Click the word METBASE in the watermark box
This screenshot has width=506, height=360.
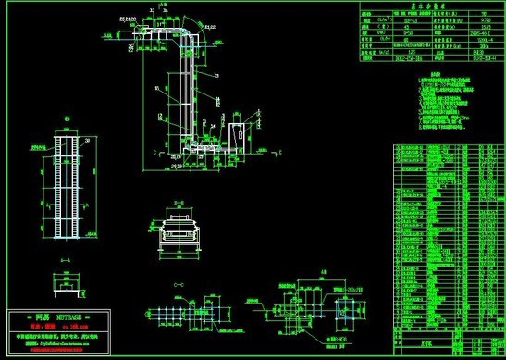pyautogui.click(x=69, y=317)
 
